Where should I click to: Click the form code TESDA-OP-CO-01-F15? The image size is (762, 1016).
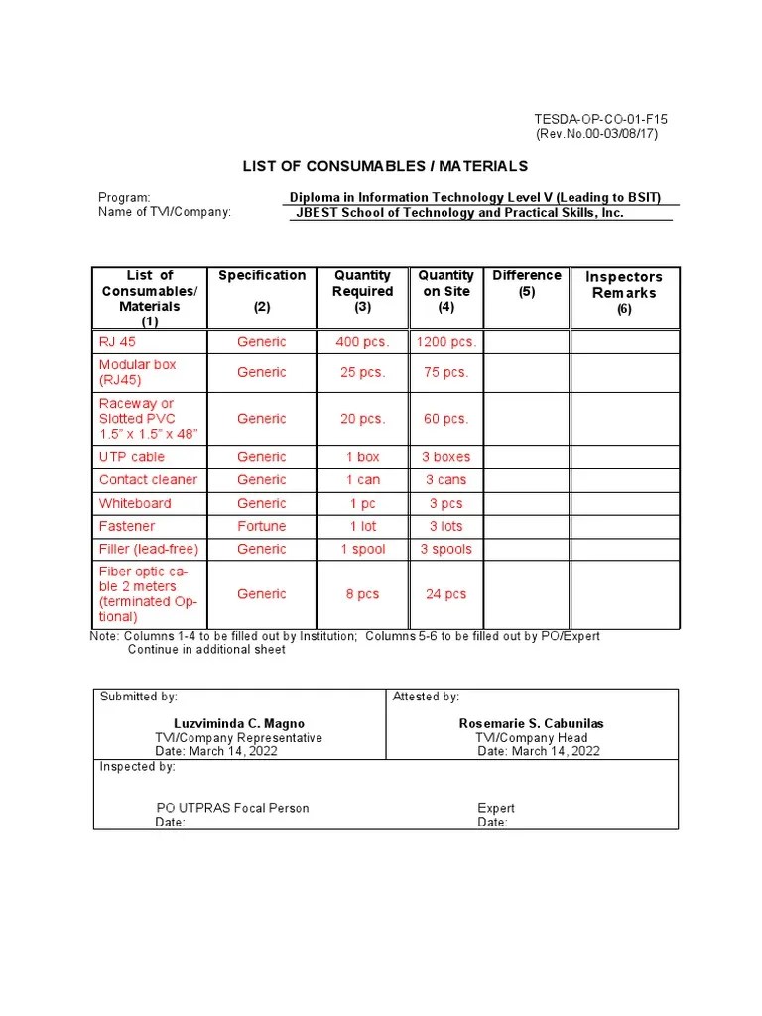[x=601, y=120]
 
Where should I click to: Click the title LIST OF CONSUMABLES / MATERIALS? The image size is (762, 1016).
[x=386, y=166]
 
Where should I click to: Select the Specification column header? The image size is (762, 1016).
[x=262, y=275]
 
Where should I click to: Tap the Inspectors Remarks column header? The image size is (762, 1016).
[x=624, y=285]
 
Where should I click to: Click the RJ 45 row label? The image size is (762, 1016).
[x=117, y=342]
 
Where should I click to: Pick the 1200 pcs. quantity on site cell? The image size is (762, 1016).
[x=445, y=342]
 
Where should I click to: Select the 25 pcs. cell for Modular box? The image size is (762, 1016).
[x=362, y=372]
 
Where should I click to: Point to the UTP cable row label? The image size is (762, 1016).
[x=132, y=457]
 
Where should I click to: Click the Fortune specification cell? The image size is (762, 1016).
[x=262, y=526]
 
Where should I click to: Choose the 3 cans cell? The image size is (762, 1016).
[x=445, y=480]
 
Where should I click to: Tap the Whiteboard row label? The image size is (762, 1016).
[x=135, y=503]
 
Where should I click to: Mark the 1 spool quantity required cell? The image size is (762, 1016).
[x=362, y=549]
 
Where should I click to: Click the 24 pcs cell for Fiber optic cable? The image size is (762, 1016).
[x=445, y=594]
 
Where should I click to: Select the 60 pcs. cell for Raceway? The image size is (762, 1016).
[x=445, y=419]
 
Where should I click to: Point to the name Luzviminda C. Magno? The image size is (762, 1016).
[x=239, y=724]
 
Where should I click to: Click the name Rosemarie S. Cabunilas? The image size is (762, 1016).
[x=531, y=724]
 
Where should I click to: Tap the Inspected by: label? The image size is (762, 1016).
[x=138, y=767]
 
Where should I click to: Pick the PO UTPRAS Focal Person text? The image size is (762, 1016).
[x=232, y=808]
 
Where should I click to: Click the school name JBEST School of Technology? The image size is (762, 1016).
[x=459, y=213]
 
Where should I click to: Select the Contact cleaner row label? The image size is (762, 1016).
[x=148, y=480]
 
